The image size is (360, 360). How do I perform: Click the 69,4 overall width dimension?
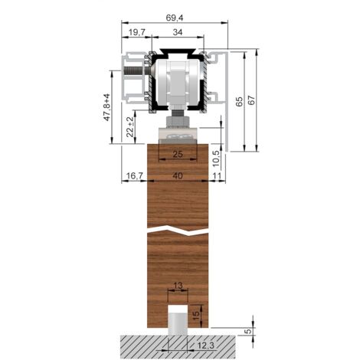[x=175, y=18]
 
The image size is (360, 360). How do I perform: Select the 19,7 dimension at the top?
[x=137, y=32]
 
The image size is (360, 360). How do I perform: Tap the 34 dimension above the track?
[x=178, y=32]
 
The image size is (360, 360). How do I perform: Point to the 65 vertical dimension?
[x=239, y=102]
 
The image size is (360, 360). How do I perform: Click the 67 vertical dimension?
[x=251, y=101]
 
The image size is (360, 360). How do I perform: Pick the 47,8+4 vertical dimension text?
[x=106, y=107]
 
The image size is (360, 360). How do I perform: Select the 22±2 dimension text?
[x=130, y=127]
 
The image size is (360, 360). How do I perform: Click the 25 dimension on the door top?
[x=178, y=154]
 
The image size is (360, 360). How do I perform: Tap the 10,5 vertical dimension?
[x=216, y=159]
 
